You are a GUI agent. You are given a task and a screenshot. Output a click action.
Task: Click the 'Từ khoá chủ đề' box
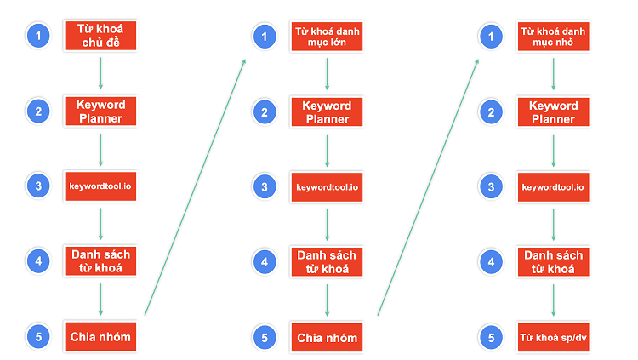pyautogui.click(x=100, y=36)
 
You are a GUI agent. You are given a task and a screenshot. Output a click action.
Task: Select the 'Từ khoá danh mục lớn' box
pyautogui.click(x=327, y=37)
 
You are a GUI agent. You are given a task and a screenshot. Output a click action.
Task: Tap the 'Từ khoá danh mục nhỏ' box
pyautogui.click(x=553, y=37)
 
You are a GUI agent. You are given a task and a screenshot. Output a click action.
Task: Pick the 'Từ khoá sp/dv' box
pyautogui.click(x=553, y=337)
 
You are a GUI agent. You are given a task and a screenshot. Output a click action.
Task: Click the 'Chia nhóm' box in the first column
pyautogui.click(x=100, y=336)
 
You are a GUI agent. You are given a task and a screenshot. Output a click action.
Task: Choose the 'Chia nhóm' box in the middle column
pyautogui.click(x=327, y=337)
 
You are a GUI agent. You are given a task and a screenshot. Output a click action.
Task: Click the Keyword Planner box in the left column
pyautogui.click(x=100, y=111)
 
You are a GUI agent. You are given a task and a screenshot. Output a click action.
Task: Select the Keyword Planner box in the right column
pyautogui.click(x=553, y=112)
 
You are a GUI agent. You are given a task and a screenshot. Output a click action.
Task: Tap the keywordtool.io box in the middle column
pyautogui.click(x=327, y=187)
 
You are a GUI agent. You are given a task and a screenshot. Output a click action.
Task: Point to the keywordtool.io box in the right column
pyautogui.click(x=553, y=187)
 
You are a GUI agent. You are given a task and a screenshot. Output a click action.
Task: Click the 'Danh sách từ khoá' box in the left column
pyautogui.click(x=100, y=261)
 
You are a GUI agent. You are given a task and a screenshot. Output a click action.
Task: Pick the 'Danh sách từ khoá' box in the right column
pyautogui.click(x=553, y=262)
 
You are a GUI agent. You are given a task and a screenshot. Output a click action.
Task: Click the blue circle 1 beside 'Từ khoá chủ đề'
pyautogui.click(x=38, y=36)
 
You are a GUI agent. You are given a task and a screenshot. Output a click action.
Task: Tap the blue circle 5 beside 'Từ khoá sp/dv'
pyautogui.click(x=491, y=337)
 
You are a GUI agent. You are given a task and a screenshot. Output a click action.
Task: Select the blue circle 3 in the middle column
pyautogui.click(x=265, y=187)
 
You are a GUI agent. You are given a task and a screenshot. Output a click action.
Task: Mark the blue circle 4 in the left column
pyautogui.click(x=38, y=261)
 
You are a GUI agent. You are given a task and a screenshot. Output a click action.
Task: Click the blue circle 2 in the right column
pyautogui.click(x=491, y=112)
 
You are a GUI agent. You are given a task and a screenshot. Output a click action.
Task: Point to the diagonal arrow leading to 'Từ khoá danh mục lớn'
pyautogui.click(x=196, y=187)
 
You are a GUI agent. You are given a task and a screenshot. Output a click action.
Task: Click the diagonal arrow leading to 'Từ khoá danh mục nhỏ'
pyautogui.click(x=428, y=187)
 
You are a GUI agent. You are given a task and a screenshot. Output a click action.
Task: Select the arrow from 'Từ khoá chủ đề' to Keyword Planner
pyautogui.click(x=100, y=73)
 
